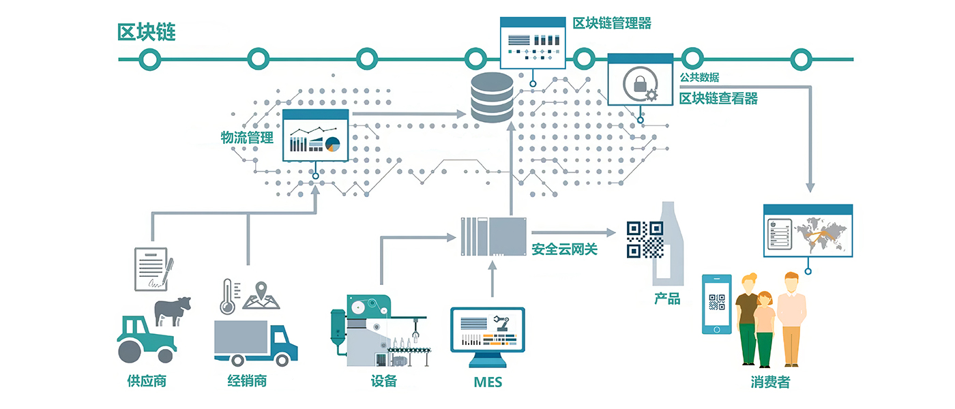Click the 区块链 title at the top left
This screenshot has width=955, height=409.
[147, 32]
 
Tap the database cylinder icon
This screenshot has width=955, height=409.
[492, 98]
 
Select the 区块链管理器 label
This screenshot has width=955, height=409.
[612, 24]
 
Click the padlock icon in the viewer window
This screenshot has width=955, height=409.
[640, 85]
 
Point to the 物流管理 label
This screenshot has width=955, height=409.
[247, 137]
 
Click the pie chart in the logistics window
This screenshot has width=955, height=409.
[332, 144]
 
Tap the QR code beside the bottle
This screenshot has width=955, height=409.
[645, 239]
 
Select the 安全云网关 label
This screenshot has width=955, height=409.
[564, 249]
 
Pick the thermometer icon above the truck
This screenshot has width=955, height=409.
[228, 296]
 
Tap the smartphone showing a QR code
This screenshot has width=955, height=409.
[717, 304]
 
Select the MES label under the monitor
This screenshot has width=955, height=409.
[488, 382]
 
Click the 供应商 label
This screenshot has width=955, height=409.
[147, 380]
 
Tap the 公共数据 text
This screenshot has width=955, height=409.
[699, 78]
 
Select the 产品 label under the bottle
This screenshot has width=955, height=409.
[667, 299]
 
